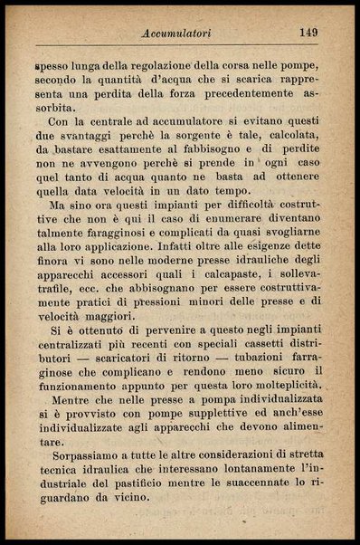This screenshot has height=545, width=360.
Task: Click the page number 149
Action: coord(308,32)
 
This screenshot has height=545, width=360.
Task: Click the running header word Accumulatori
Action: coord(177,33)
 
